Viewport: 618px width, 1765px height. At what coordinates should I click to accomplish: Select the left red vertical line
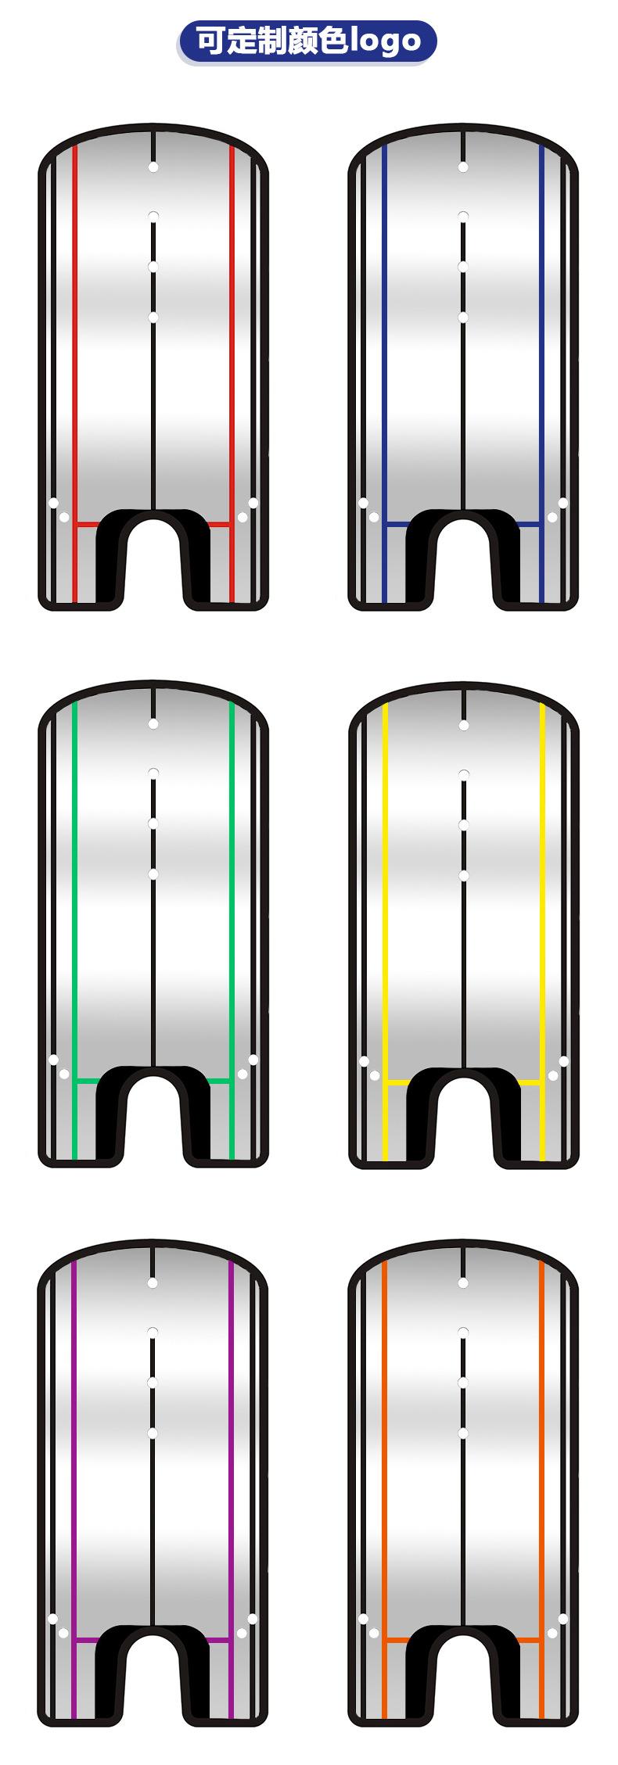75,374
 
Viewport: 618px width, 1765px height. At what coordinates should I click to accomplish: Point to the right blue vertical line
542,374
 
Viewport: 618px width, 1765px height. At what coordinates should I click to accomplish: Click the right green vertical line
232,931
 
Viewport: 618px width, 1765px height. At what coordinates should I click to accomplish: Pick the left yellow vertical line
385,931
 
